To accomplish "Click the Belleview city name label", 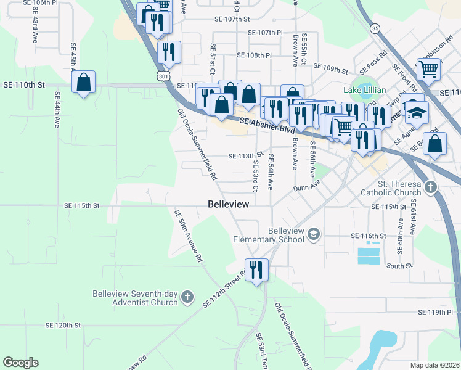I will [x=229, y=204].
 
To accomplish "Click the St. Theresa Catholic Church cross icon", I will [x=431, y=186].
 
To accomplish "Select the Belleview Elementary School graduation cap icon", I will [x=314, y=233].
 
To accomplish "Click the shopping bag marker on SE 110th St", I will [x=83, y=81].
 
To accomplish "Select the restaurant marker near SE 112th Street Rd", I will [x=256, y=269].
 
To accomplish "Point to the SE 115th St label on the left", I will [x=82, y=205].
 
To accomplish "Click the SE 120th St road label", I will [x=63, y=324].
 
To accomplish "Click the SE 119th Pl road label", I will [x=435, y=313].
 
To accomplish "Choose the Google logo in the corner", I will [x=20, y=363].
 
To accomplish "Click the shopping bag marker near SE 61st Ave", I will [x=435, y=144].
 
